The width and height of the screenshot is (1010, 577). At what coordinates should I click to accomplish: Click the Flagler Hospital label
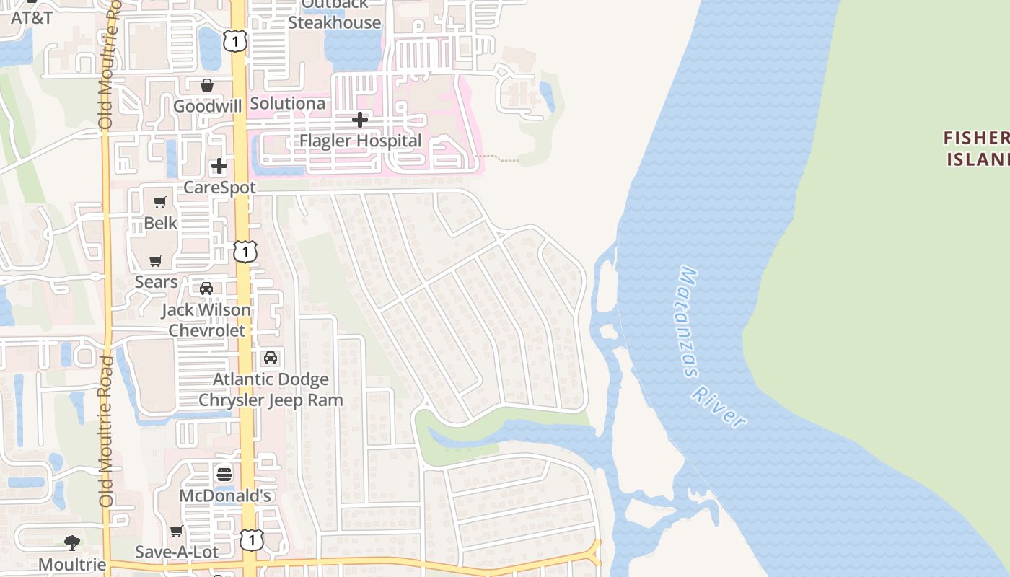point(360,141)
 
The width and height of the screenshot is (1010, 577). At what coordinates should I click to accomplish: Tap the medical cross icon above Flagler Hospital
point(359,120)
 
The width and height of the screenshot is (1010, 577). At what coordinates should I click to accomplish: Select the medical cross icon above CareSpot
point(219,167)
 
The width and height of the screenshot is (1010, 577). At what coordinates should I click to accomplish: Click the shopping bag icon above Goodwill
point(207,86)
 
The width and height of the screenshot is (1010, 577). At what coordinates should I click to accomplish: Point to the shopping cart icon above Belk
point(160,203)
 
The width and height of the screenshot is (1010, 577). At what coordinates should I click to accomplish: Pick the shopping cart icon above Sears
point(156,260)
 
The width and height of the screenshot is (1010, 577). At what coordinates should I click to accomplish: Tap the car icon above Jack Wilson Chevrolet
point(206,288)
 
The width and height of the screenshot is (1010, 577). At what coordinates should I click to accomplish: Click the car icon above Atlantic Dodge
point(271,358)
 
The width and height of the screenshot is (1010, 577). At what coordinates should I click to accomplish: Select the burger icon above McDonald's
point(224,474)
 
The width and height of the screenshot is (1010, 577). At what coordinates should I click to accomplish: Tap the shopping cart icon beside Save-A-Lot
point(177,532)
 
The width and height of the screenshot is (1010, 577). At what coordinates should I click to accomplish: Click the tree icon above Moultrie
point(72,542)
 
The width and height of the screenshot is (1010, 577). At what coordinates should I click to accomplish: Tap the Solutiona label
point(287,103)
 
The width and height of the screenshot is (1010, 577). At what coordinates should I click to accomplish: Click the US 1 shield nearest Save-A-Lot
point(251,539)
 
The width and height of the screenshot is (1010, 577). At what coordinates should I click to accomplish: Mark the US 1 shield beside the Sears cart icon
point(246,252)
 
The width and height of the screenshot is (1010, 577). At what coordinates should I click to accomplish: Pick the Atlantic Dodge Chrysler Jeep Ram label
point(271,389)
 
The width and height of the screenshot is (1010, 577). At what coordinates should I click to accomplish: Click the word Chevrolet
point(207,330)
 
